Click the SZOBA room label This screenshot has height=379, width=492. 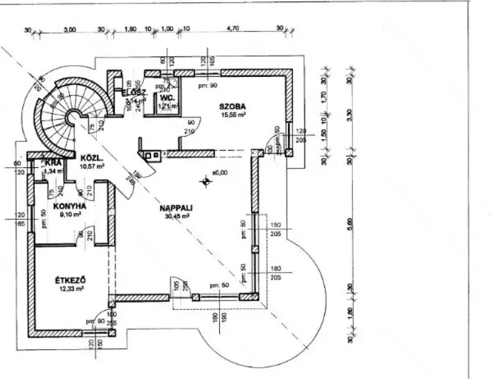click(232, 106)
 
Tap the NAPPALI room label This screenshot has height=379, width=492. click(176, 208)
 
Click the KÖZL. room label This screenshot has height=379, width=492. click(90, 157)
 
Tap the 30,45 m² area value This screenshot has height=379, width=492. click(176, 216)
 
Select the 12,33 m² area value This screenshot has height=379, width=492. click(71, 289)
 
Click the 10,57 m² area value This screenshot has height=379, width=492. click(92, 165)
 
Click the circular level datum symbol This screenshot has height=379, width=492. click(206, 180)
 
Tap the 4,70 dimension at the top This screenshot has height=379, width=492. click(232, 30)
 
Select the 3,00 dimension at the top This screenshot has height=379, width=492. click(70, 30)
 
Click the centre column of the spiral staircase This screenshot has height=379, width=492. click(72, 117)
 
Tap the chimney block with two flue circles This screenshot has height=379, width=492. click(151, 155)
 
